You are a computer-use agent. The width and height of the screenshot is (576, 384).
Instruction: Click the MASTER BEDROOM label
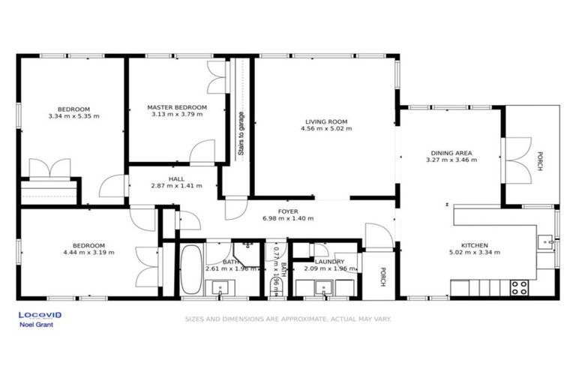[x=176, y=107]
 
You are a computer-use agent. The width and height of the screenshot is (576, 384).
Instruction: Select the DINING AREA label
[x=451, y=153]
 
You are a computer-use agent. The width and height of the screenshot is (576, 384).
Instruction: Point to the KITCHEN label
[x=475, y=245]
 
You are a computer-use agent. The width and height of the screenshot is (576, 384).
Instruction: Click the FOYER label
[x=288, y=211]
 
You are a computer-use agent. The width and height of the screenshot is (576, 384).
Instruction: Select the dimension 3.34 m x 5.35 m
[x=73, y=116]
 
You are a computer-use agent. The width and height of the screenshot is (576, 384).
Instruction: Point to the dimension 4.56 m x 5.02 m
[x=326, y=128]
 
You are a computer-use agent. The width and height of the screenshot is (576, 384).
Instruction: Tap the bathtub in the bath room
[x=190, y=271]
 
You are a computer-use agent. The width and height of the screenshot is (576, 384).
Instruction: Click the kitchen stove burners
[x=518, y=286]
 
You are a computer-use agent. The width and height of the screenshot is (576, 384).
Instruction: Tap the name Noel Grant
[x=31, y=325]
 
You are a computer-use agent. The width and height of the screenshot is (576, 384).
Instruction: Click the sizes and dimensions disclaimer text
[x=289, y=319]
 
